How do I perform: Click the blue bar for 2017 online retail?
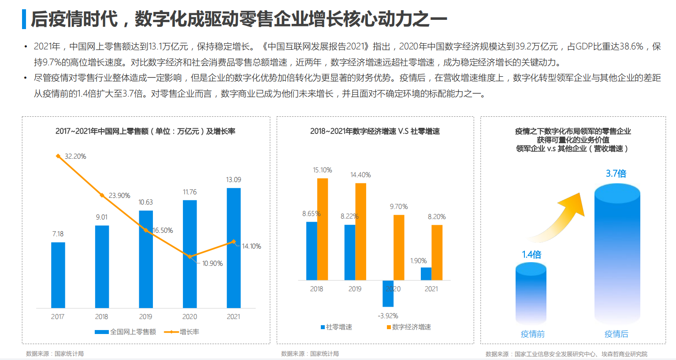pos(58,275)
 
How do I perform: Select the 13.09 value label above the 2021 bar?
pos(234,180)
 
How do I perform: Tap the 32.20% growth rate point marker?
pos(58,156)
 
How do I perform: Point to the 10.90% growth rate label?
pos(212,264)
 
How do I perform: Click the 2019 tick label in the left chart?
pos(145,317)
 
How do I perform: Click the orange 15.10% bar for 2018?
pos(323,229)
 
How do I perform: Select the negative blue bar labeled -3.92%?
pos(388,293)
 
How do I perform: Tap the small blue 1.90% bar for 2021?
pos(426,274)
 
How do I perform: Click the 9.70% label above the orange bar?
pos(399,207)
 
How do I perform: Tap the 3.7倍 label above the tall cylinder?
pos(616,174)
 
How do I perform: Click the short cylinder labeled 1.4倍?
pos(531,293)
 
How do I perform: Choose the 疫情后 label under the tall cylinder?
pos(616,334)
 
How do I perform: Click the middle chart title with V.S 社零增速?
pos(375,131)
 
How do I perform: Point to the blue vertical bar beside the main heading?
pos(24,19)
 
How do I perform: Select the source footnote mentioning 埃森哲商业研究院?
pos(566,354)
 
